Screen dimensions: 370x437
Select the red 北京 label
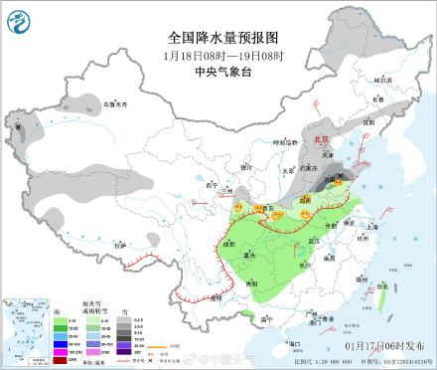click(320, 140)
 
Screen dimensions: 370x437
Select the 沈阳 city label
click(368, 120)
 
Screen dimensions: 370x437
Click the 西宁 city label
click(209, 185)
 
